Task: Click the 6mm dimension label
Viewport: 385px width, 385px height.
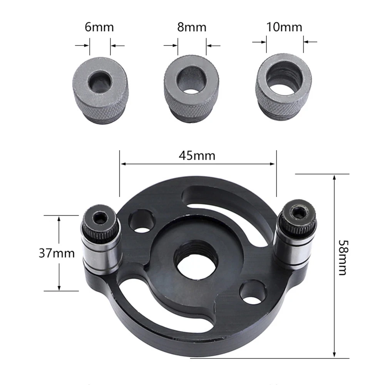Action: pos(99,28)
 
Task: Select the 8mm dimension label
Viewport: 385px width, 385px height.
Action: pos(192,28)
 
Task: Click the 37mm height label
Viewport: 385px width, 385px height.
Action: pos(57,253)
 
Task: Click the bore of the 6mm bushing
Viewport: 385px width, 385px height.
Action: pos(100,82)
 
